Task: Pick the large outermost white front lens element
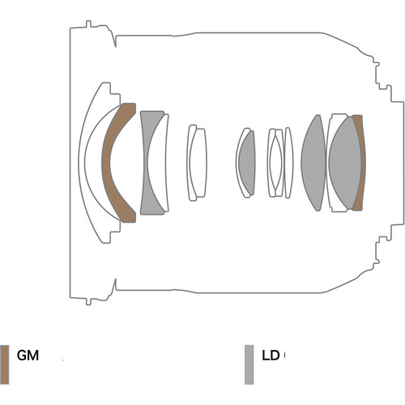83,162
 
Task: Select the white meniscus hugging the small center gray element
237,162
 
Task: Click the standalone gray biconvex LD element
314,163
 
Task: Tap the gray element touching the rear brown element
345,163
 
